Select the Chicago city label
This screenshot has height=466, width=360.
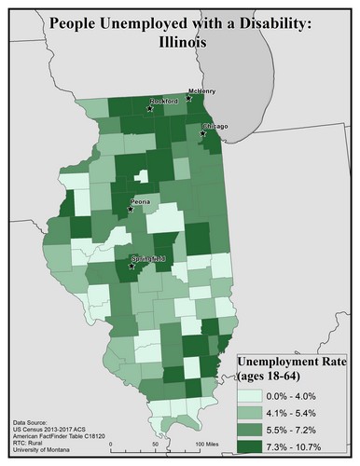215,126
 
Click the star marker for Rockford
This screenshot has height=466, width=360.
149,108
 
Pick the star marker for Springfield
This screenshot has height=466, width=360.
131,266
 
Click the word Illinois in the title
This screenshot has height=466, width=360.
179,42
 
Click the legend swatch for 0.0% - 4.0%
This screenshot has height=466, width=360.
248,395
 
